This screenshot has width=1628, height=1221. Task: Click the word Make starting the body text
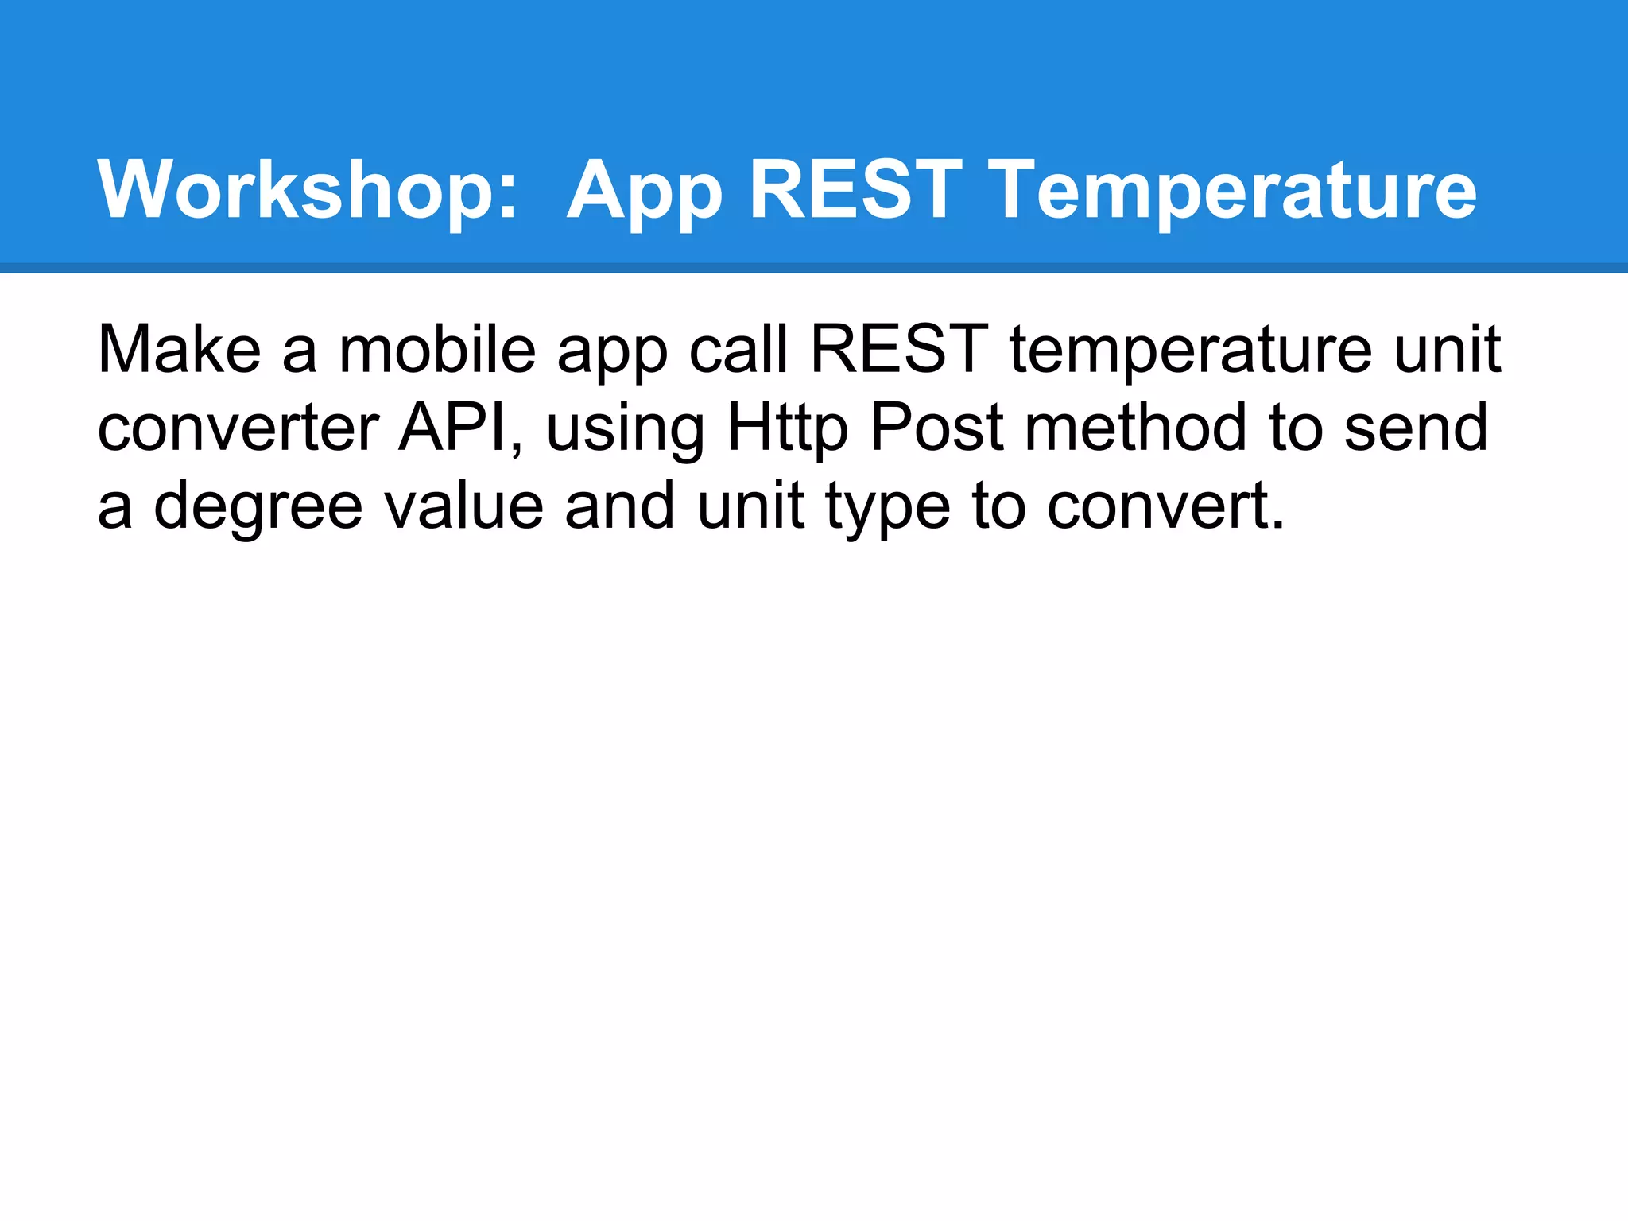pos(179,349)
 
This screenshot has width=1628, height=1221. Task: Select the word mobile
pos(437,349)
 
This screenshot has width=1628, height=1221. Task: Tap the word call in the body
pos(738,349)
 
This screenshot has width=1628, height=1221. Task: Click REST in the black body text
pos(898,349)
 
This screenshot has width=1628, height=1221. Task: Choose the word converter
pos(238,428)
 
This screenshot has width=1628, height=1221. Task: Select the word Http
pos(788,428)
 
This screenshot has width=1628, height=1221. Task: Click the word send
pos(1416,428)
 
